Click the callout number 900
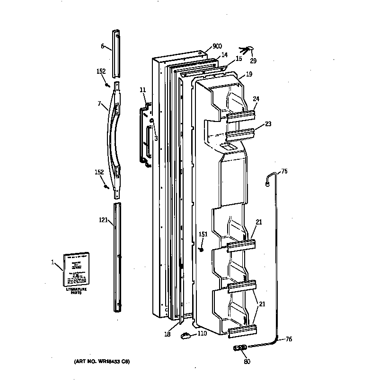pos(217,46)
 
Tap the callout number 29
pos(253,61)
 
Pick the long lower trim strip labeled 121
pos(117,258)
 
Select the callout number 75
pos(284,172)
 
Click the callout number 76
pos(288,339)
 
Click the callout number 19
pos(249,74)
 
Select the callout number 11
pos(142,90)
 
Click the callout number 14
pos(224,55)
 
